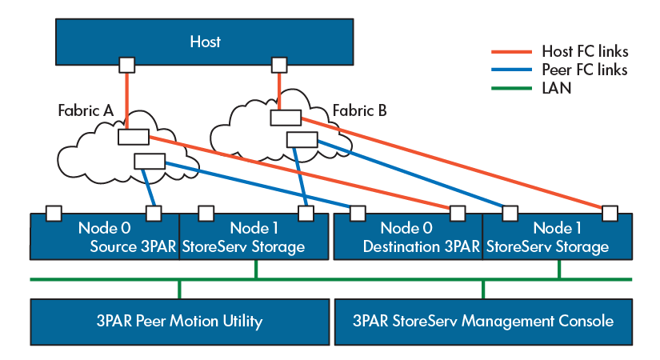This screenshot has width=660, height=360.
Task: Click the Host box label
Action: coord(205,41)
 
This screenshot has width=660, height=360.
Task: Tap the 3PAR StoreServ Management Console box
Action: coord(482,322)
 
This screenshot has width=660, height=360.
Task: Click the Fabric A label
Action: coord(86,110)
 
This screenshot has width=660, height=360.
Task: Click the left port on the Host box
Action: coord(126,64)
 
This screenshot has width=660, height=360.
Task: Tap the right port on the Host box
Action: coord(278,64)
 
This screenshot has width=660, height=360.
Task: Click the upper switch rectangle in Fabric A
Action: coord(133,137)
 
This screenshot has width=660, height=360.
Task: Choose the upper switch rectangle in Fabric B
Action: coord(285,118)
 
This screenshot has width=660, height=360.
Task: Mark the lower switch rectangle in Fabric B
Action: coord(302,140)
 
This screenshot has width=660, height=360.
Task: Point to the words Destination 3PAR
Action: coord(421,247)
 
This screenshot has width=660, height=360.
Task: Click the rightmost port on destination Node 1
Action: coord(610,213)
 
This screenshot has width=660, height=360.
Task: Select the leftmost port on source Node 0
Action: coord(54,213)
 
